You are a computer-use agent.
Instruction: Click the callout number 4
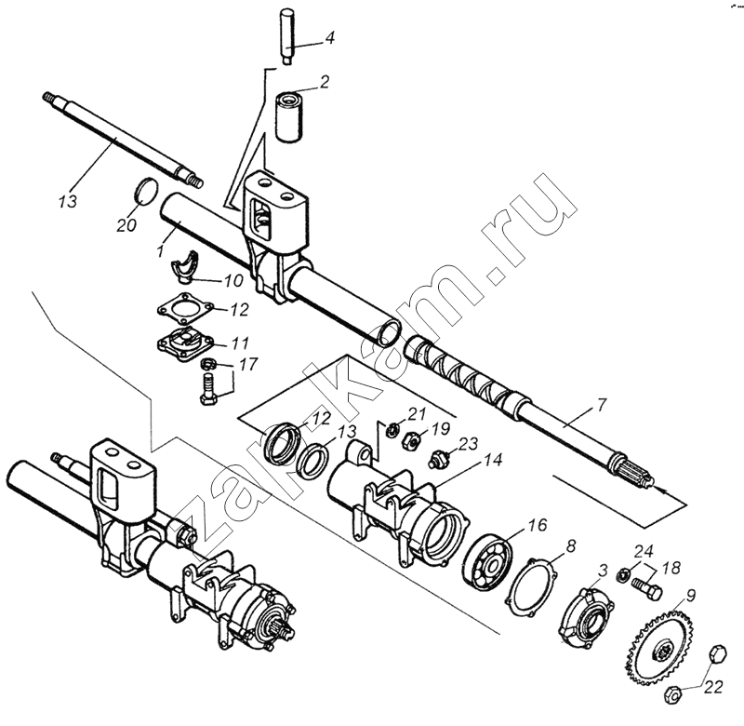(329, 37)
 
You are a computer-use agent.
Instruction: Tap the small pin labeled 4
(288, 35)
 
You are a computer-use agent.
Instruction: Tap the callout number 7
(601, 405)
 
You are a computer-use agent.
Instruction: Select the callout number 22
(713, 687)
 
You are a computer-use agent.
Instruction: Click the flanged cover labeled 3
(586, 618)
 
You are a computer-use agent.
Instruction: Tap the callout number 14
(493, 460)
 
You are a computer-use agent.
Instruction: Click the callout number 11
(239, 343)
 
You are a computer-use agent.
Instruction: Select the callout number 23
(469, 444)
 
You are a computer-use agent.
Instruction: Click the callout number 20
(126, 224)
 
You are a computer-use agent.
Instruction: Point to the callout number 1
(160, 249)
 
